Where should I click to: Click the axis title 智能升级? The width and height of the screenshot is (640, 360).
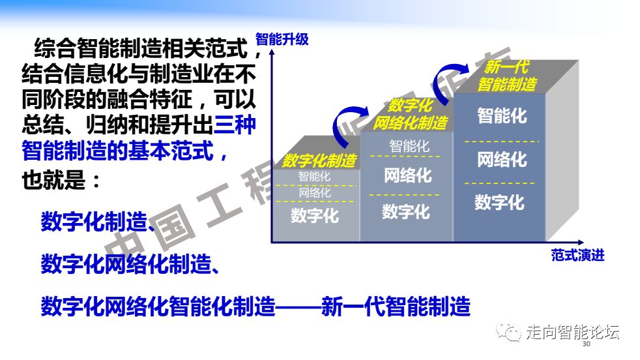[x=282, y=40]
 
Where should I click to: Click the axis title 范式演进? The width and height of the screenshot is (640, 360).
[x=577, y=256]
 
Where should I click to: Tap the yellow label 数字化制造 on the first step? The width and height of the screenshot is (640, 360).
[x=319, y=160]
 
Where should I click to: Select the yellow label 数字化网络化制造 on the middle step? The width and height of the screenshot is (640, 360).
[x=410, y=114]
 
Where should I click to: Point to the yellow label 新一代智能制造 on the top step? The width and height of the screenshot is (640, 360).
[x=507, y=76]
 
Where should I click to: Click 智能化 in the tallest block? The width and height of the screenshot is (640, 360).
[x=502, y=115]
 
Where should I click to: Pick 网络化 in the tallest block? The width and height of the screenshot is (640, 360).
[x=502, y=159]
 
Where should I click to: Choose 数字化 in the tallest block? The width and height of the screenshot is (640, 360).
[x=499, y=202]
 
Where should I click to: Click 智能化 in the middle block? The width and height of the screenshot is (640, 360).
[x=409, y=146]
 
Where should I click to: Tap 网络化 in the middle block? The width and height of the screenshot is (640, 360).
[x=408, y=175]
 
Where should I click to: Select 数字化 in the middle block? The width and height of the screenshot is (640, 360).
[x=406, y=212]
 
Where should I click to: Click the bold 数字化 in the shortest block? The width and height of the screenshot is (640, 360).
[x=315, y=215]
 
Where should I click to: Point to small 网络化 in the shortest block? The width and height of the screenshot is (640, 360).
[x=315, y=192]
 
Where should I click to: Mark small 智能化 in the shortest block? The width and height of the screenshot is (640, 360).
[x=314, y=177]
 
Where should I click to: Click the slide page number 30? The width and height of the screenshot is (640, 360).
[x=586, y=344]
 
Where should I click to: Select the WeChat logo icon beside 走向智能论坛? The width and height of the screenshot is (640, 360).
[x=508, y=332]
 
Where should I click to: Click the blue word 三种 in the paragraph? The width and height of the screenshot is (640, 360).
[x=235, y=125]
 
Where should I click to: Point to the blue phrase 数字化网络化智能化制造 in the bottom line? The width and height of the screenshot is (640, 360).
[x=158, y=307]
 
